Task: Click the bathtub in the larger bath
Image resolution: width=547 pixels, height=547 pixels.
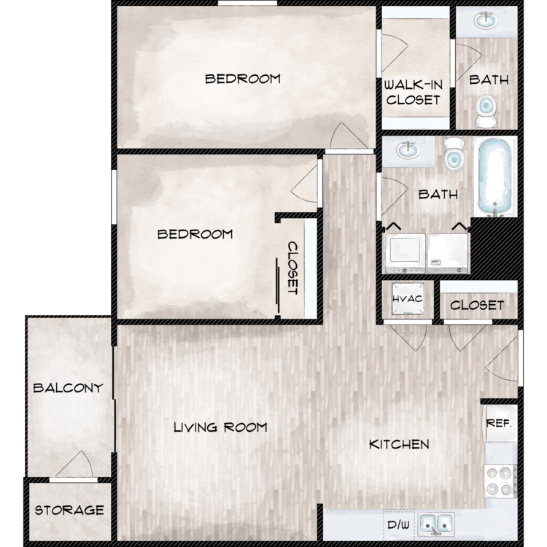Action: click(x=495, y=176)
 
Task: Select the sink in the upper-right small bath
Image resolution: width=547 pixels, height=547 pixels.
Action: click(x=486, y=20)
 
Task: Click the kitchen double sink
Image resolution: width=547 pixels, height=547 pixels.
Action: click(x=436, y=524)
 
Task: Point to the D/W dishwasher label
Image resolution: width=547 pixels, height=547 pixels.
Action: click(x=398, y=524)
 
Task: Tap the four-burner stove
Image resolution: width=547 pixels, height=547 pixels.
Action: click(x=500, y=481)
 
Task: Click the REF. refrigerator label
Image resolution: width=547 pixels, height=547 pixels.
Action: click(x=499, y=423)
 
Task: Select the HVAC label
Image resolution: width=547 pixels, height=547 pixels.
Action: click(x=407, y=299)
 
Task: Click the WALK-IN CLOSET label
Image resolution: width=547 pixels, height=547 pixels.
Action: click(x=414, y=93)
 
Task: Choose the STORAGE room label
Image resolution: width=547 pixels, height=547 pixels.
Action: click(x=69, y=511)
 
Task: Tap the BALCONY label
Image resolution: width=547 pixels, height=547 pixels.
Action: click(x=68, y=388)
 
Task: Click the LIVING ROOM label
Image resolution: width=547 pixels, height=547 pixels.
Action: click(x=220, y=427)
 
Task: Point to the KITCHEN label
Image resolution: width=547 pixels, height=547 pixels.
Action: click(x=399, y=444)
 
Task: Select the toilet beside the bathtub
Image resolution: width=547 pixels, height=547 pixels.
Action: click(x=454, y=153)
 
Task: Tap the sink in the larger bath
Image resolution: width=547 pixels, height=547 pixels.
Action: click(x=408, y=150)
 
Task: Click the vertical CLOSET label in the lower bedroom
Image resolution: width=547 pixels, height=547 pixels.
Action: click(x=292, y=268)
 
